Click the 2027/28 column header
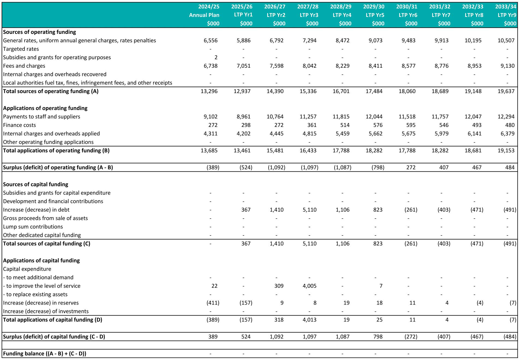(x=308, y=7)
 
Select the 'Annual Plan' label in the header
(x=204, y=15)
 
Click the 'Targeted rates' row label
(x=21, y=49)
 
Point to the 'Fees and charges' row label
(x=24, y=66)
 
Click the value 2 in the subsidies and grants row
(x=216, y=57)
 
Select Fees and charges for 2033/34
(x=507, y=66)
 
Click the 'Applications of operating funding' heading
(x=45, y=108)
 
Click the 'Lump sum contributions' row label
(x=33, y=227)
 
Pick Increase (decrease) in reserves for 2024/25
(x=213, y=303)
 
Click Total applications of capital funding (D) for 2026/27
(x=279, y=320)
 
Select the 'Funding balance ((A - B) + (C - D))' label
(x=45, y=353)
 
